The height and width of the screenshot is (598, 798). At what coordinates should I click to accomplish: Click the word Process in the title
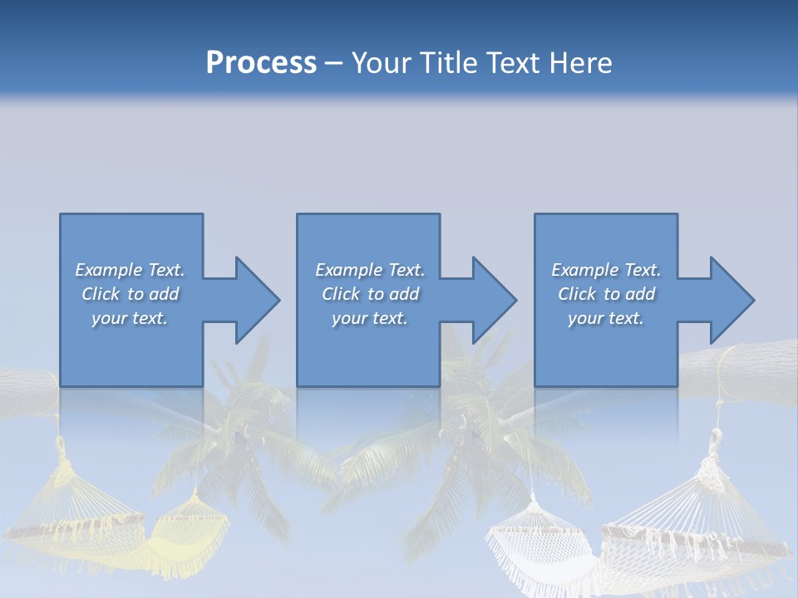pyautogui.click(x=261, y=63)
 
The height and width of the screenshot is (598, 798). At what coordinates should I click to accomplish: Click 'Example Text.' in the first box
pyautogui.click(x=130, y=270)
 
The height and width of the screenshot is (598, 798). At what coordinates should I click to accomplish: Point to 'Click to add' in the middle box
pyautogui.click(x=370, y=294)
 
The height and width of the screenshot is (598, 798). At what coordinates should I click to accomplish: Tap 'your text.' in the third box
pyautogui.click(x=605, y=318)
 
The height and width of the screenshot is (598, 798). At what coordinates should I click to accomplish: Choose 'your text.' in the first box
pyautogui.click(x=130, y=318)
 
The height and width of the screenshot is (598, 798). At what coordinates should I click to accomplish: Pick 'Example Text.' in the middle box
pyautogui.click(x=370, y=270)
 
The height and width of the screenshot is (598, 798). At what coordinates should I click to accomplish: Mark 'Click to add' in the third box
pyautogui.click(x=606, y=294)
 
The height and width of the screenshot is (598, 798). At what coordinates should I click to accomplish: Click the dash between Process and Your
pyautogui.click(x=334, y=63)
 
